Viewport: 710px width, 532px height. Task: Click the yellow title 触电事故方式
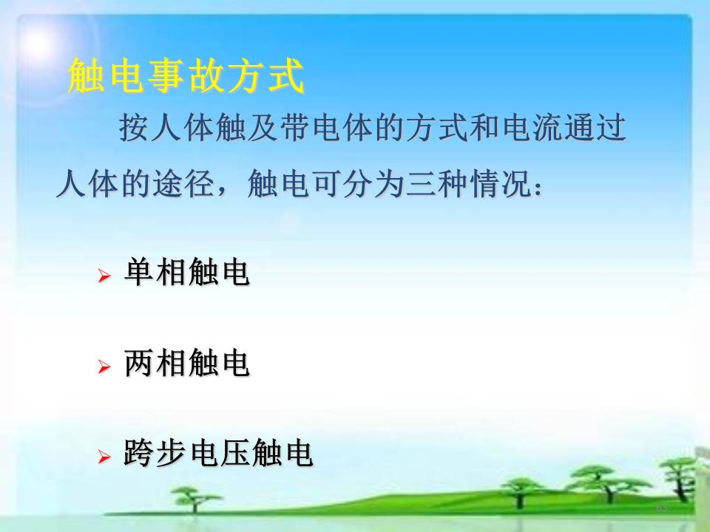click(x=186, y=75)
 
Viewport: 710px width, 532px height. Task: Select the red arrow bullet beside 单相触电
click(x=104, y=276)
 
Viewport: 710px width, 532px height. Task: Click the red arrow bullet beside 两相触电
click(x=104, y=366)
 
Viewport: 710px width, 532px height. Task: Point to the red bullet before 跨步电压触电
click(x=104, y=457)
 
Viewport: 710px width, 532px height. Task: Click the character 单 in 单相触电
click(x=140, y=271)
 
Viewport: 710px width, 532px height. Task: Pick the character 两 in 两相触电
click(x=140, y=362)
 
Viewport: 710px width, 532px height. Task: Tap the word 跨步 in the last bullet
click(x=155, y=453)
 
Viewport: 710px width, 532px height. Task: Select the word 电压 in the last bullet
click(x=218, y=453)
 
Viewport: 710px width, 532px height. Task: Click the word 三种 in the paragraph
click(x=437, y=184)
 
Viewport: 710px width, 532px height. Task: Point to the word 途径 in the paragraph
click(x=183, y=184)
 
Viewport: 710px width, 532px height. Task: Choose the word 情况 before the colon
click(x=501, y=184)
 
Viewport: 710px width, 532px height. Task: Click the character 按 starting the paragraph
click(x=135, y=127)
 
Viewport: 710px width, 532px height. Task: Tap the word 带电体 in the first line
click(x=327, y=127)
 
